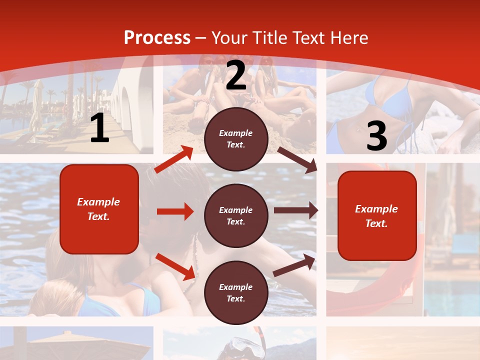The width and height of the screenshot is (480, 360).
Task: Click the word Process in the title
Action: click(157, 38)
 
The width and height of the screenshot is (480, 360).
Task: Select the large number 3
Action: click(376, 136)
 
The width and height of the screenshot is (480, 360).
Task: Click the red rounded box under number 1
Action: click(99, 209)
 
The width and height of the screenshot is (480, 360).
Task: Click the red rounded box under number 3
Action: click(377, 215)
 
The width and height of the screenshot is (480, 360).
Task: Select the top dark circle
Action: click(236, 139)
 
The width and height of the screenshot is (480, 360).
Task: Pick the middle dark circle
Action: click(236, 215)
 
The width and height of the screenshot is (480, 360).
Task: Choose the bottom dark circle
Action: click(236, 292)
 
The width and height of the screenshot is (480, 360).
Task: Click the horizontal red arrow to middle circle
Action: click(175, 211)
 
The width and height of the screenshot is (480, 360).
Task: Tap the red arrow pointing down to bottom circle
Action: click(175, 266)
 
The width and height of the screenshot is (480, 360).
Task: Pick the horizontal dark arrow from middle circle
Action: click(295, 210)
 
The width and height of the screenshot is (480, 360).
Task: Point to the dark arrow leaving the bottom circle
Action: click(294, 265)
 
